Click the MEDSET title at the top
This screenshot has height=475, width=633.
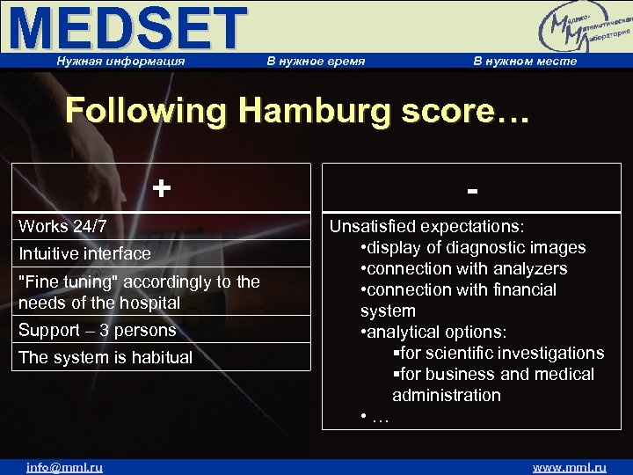[127, 28]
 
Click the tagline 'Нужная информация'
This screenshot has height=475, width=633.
[120, 61]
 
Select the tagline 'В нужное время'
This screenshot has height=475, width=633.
[316, 61]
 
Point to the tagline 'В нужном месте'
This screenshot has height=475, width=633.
[525, 61]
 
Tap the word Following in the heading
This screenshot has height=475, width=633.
[146, 112]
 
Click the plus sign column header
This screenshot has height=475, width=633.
[161, 187]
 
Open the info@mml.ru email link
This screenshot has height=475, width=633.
[64, 467]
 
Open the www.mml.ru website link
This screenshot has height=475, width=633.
[570, 467]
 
